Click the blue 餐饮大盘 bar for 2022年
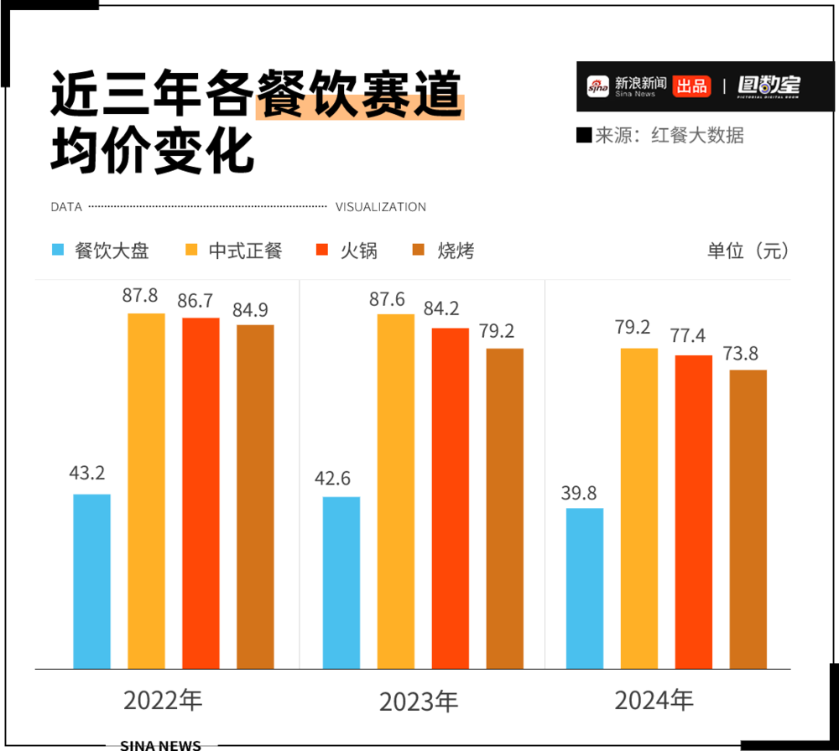click(x=91, y=581)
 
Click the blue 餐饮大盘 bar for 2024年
click(x=585, y=588)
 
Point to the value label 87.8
click(x=146, y=297)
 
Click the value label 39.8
click(x=585, y=492)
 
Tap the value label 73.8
click(x=748, y=353)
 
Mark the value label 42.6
click(x=341, y=480)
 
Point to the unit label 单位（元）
click(x=748, y=250)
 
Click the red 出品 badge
click(x=691, y=85)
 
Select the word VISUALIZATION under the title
click(x=380, y=207)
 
